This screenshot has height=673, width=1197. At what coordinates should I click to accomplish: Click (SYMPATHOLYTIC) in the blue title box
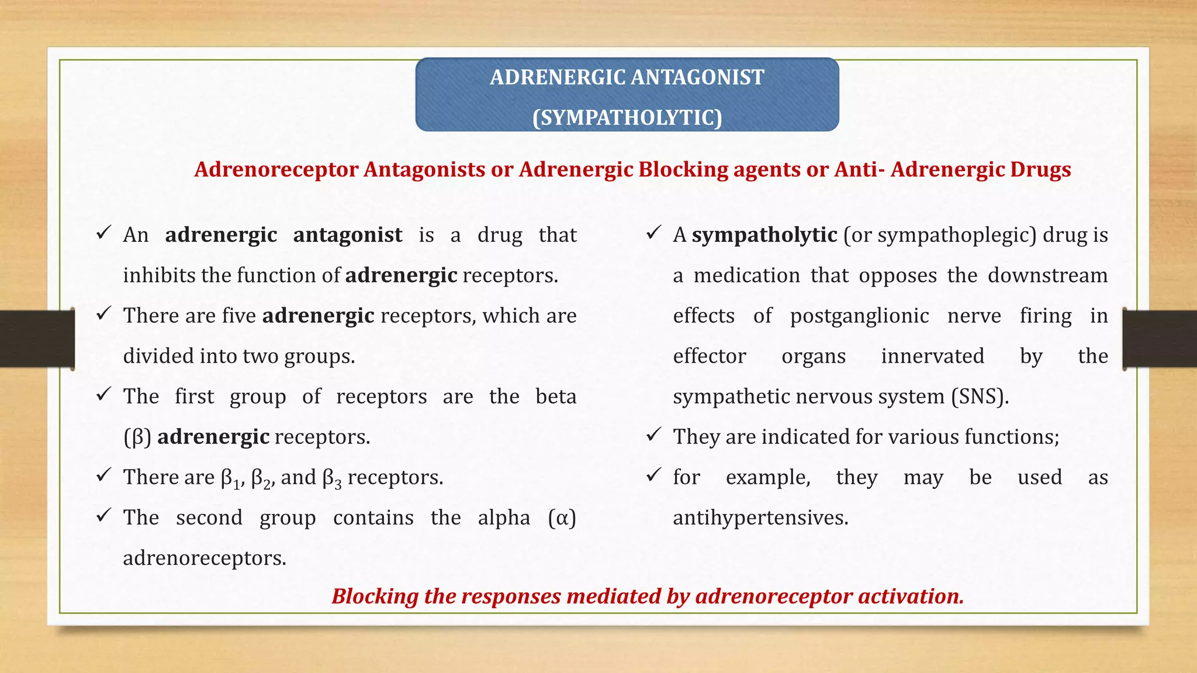point(627,118)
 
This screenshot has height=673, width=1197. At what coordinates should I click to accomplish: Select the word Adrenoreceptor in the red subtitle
point(276,170)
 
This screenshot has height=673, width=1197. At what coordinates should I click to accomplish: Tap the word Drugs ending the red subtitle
point(1040,170)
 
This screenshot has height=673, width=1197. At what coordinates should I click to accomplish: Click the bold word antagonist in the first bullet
point(347,235)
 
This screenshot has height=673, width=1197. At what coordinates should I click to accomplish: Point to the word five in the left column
point(238,316)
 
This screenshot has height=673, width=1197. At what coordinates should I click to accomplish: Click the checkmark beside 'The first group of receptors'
point(103,395)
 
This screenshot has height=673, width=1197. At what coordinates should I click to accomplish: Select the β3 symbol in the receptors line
point(331,479)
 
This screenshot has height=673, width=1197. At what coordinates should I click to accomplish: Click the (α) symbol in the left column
point(562,518)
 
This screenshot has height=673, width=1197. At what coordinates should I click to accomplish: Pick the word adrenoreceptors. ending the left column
point(205,558)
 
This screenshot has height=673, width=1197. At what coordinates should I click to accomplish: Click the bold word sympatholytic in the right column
point(764,235)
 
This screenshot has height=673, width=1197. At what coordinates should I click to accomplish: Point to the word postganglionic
point(859,316)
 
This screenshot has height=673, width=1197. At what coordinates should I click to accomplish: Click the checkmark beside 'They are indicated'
point(653,435)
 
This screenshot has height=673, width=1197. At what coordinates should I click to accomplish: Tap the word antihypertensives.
point(760,518)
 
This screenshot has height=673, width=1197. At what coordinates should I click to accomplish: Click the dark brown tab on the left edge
point(37,339)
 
